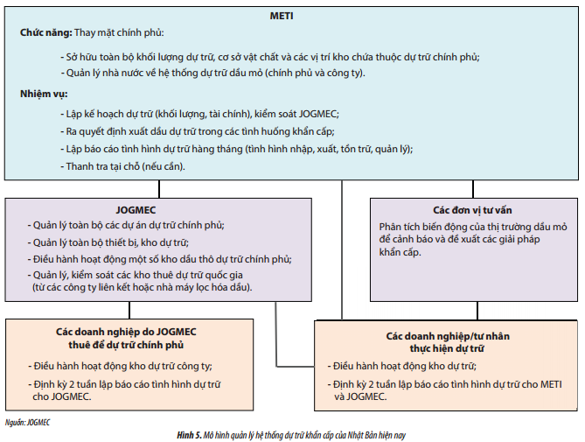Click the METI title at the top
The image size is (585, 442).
pos(282,16)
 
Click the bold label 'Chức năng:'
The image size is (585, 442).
pos(45,33)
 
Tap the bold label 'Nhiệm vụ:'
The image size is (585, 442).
pos(44,94)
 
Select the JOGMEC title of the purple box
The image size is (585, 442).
pos(136,210)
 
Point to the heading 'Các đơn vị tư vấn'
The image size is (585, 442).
pos(472,210)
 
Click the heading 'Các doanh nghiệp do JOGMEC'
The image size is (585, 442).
pos(126,332)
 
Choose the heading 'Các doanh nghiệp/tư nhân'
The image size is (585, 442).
pos(448,336)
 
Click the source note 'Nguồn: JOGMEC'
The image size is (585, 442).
pos(27,423)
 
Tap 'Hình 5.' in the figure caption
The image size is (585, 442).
pos(189,435)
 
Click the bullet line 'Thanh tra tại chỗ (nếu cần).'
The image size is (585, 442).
pos(122,166)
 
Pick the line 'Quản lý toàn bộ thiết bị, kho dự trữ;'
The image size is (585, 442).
pos(108,242)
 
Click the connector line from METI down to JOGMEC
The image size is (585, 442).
pos(159,189)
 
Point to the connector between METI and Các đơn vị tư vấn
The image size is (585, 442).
pos(473,189)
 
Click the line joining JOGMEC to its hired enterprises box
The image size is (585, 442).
pos(129,310)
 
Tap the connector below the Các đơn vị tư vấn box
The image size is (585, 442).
pos(477,311)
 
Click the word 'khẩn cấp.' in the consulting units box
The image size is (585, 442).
pos(400,252)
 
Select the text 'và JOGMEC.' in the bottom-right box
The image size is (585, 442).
pos(360,396)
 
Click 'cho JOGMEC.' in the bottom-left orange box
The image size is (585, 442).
pos(62,396)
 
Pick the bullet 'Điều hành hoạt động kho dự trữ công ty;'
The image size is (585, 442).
pos(120,366)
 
